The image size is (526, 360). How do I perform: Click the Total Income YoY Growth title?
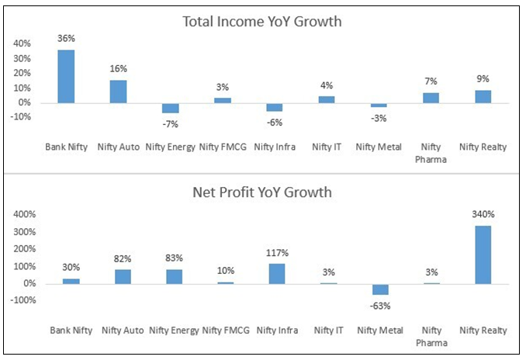tap(261, 21)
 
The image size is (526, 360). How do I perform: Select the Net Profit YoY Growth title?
tap(261, 191)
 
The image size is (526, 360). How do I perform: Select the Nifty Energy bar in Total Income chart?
tap(170, 108)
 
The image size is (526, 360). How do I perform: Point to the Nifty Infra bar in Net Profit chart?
tap(277, 274)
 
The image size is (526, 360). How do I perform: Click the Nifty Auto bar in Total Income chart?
tap(118, 92)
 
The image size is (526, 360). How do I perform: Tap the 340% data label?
tap(483, 215)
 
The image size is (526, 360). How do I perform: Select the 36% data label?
tap(66, 38)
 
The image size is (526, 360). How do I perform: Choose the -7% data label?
tap(170, 123)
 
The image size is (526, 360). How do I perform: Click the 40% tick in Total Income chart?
tap(22, 44)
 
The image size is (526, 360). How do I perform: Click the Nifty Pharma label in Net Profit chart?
tap(431, 335)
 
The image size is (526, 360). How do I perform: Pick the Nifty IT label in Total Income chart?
tap(327, 146)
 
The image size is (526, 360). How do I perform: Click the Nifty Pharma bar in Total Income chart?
tap(431, 98)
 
